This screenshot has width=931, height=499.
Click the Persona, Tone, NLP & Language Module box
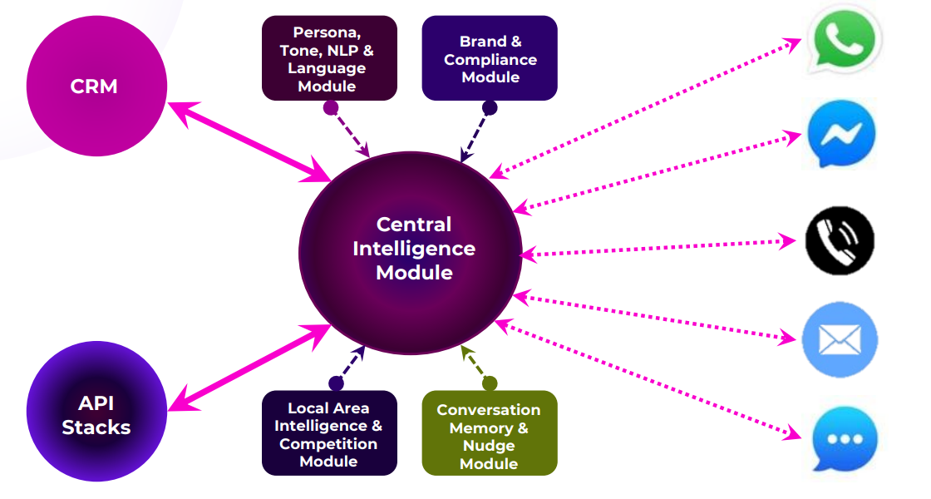[329, 58]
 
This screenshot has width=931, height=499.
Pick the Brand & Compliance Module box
[490, 58]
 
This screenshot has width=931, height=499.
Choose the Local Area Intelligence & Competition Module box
[329, 433]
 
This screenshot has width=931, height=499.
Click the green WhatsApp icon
[844, 40]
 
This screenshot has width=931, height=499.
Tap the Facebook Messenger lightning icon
[841, 134]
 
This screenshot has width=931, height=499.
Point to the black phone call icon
[840, 240]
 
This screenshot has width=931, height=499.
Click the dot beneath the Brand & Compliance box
[490, 107]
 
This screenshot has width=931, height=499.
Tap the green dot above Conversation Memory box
[489, 383]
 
